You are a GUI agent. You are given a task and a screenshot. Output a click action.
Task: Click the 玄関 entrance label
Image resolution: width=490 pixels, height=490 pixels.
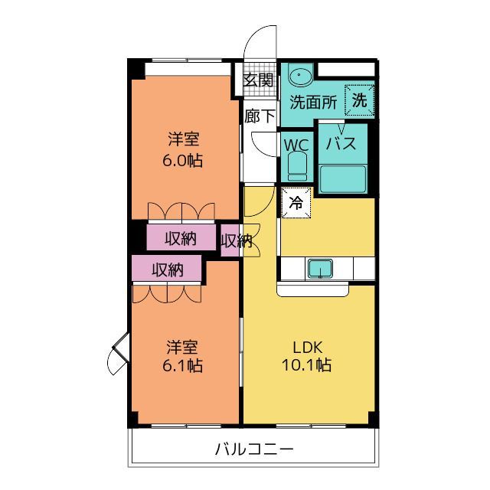point(259,80)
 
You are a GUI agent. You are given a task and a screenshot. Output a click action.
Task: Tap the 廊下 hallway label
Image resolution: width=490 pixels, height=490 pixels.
point(260,116)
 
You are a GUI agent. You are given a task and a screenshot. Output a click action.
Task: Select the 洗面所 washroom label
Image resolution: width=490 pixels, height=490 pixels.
point(313,102)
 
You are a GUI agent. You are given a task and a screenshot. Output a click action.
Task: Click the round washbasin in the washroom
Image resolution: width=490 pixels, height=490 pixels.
point(301,75)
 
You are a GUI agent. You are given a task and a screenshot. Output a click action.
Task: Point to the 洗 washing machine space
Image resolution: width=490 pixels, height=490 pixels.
point(360,100)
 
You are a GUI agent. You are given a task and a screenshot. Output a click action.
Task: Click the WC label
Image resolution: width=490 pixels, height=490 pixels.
point(296,145)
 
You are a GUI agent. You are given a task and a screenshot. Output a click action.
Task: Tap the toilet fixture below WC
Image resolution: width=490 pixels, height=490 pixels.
point(297,166)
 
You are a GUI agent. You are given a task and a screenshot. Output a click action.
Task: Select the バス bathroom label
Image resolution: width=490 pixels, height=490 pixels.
point(341,143)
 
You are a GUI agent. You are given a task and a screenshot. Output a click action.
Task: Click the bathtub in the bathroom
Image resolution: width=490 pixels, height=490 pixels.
point(343,178)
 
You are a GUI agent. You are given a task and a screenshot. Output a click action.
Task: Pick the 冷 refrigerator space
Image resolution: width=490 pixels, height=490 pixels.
point(296,203)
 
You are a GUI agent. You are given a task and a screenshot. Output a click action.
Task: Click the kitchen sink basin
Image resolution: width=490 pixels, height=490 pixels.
point(320,269)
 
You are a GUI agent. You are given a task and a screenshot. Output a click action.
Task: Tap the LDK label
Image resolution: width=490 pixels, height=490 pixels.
point(308,347)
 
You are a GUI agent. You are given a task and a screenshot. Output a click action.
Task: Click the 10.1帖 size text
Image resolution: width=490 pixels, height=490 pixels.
point(306,364)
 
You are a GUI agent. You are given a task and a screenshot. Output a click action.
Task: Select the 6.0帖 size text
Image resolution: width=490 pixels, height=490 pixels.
point(182,160)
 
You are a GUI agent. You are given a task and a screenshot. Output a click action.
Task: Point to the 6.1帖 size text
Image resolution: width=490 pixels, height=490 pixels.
point(182,365)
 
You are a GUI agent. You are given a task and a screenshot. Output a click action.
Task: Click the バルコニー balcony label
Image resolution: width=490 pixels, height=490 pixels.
point(254,449)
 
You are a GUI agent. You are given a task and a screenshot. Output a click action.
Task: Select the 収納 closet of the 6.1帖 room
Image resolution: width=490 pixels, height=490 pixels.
point(167,268)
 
